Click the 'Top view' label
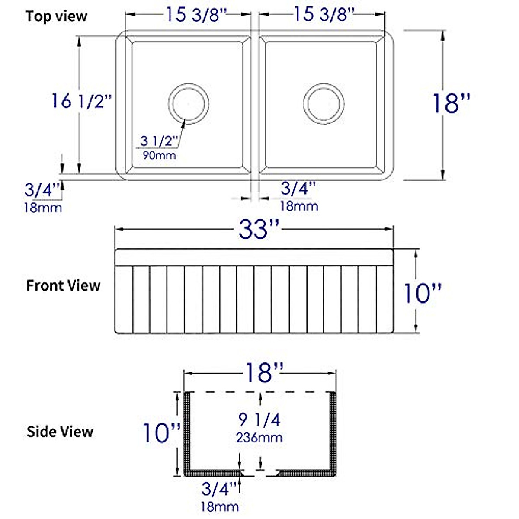(56, 16)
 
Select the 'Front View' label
(63, 285)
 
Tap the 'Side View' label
(60, 432)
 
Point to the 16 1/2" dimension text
(81, 101)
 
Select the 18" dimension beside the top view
(451, 103)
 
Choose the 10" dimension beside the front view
(422, 293)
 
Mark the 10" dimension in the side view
(161, 432)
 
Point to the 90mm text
(159, 155)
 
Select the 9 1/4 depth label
(259, 419)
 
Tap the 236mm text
(259, 437)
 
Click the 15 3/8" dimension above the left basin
(196, 15)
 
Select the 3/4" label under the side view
(219, 489)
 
